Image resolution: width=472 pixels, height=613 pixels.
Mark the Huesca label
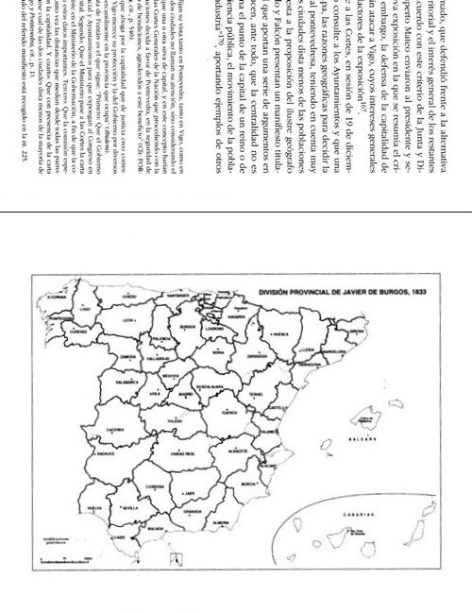point(280,334)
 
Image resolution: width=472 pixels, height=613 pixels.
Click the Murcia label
point(248,484)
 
